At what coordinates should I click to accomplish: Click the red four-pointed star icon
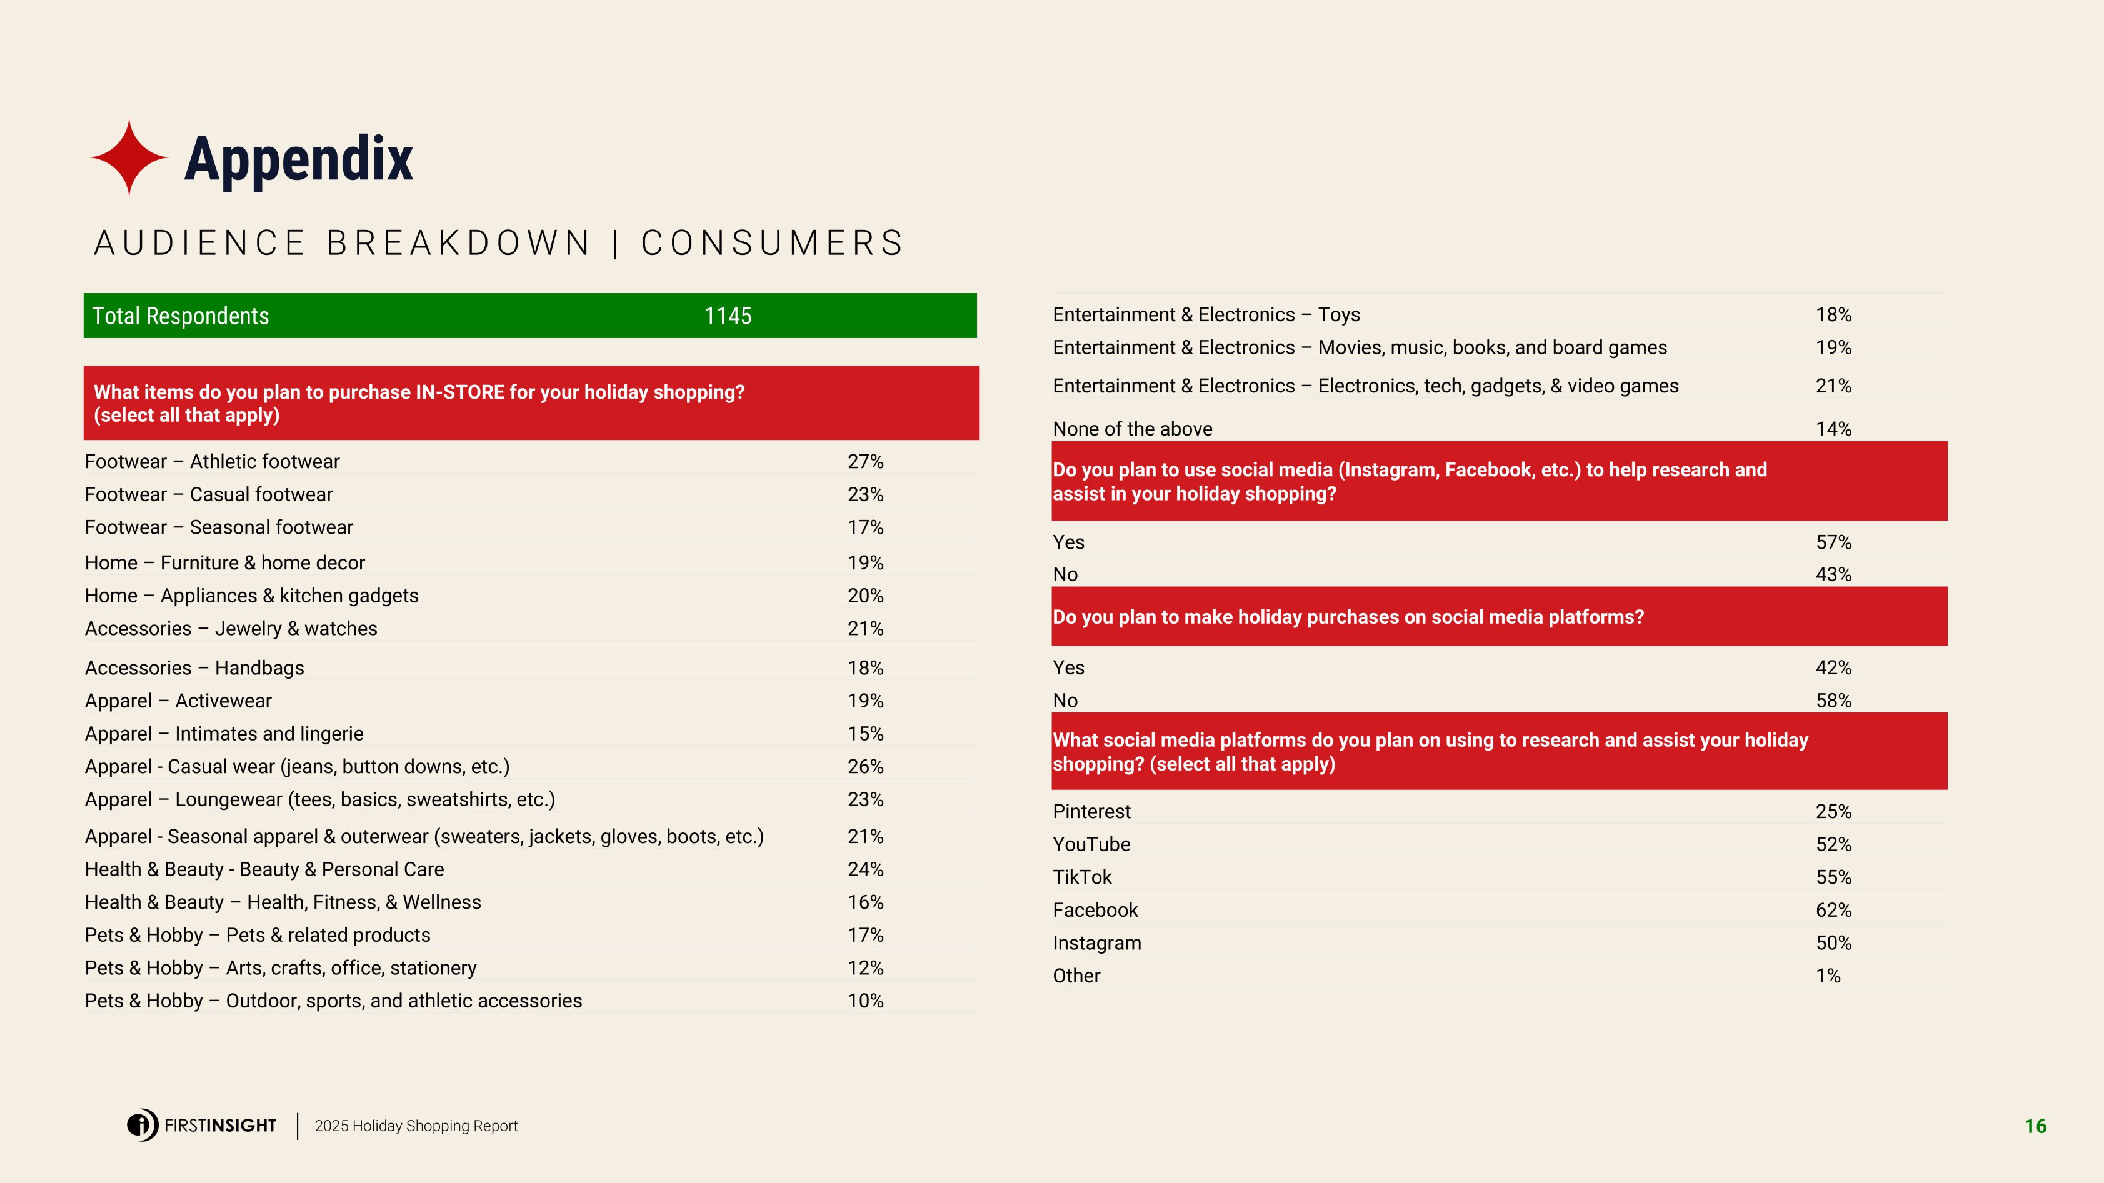click(x=129, y=157)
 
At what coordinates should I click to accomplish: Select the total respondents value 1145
click(x=728, y=316)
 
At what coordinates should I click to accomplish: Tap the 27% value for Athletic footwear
click(x=865, y=461)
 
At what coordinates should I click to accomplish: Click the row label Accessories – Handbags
click(x=194, y=668)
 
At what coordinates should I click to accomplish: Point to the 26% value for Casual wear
click(x=865, y=767)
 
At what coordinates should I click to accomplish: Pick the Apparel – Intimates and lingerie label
click(x=224, y=734)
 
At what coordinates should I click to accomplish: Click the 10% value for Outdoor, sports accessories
click(x=865, y=1001)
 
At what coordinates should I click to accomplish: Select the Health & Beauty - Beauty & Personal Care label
click(x=264, y=869)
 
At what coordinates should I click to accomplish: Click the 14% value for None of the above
click(x=1833, y=429)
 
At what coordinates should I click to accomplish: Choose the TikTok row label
click(x=1081, y=877)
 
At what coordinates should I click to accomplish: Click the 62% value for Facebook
click(x=1833, y=911)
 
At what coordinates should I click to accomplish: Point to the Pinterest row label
click(x=1091, y=812)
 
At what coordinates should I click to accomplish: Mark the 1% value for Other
click(x=1828, y=976)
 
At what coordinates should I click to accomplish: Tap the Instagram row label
click(x=1096, y=943)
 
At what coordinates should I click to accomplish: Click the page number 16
click(x=2035, y=1126)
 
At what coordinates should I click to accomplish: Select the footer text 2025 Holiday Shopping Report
click(x=416, y=1126)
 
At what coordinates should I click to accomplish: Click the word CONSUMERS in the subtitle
click(x=772, y=243)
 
